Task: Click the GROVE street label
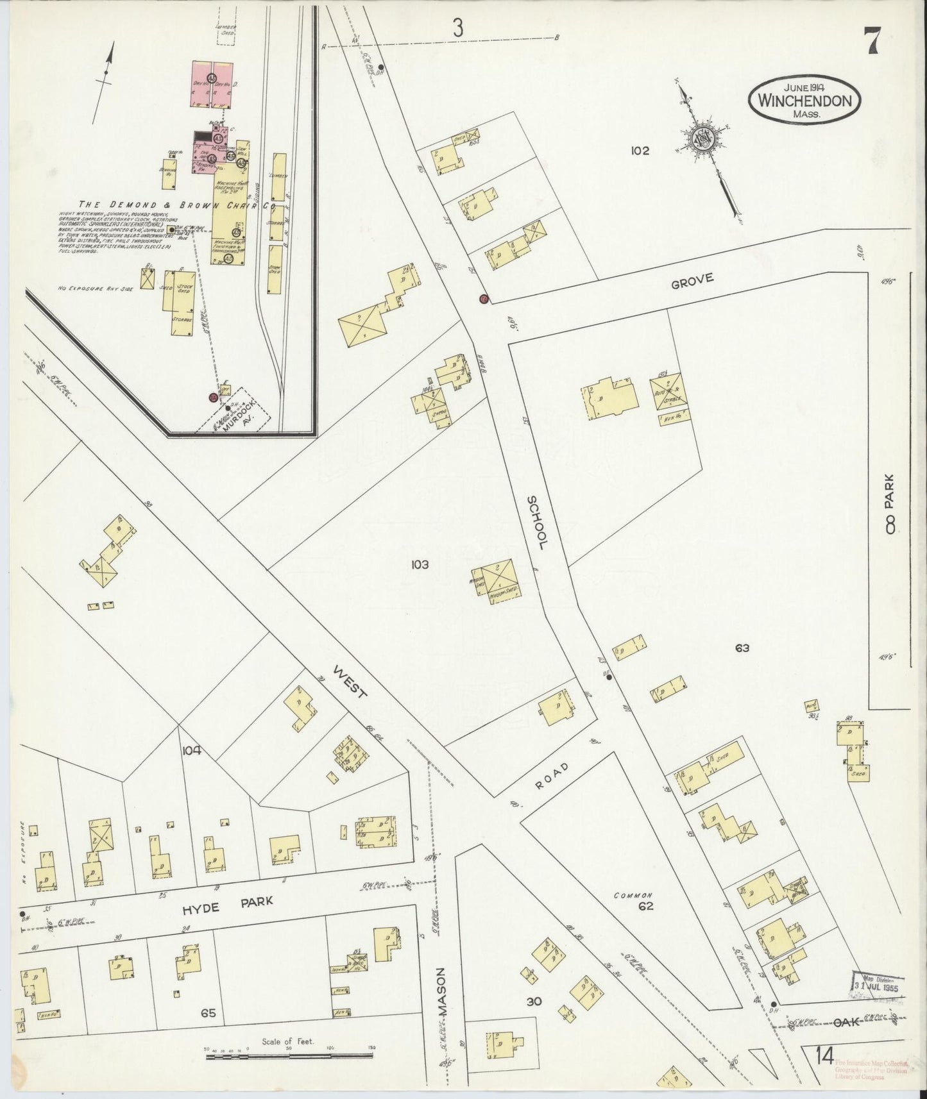pyautogui.click(x=692, y=281)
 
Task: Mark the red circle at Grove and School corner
pyautogui.click(x=484, y=299)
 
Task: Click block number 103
pyautogui.click(x=420, y=565)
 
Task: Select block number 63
pyautogui.click(x=742, y=648)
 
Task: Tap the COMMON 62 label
pyautogui.click(x=634, y=901)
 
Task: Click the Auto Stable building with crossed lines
pyautogui.click(x=669, y=391)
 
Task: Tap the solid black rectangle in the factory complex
pyautogui.click(x=203, y=137)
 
